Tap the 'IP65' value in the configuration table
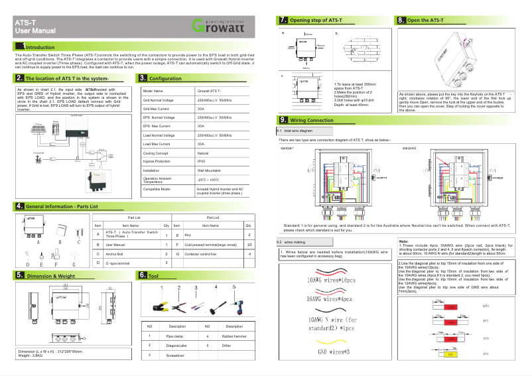tap(201, 161)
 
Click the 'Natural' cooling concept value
tap(203, 153)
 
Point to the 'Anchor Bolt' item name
tap(117, 254)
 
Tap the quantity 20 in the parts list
tap(249, 245)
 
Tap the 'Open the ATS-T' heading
tap(425, 21)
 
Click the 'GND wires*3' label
tap(334, 351)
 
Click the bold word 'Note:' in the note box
tap(404, 241)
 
